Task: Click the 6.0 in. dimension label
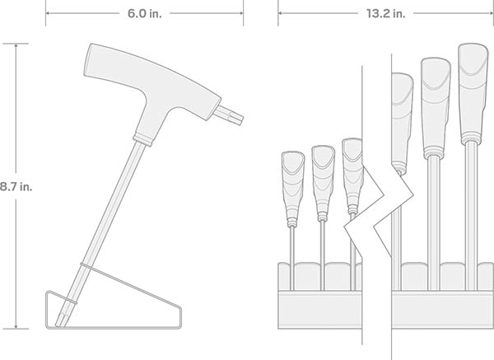tap(144, 13)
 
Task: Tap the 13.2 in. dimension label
tap(385, 13)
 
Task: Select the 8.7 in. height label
tap(16, 187)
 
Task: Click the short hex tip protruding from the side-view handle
tap(229, 115)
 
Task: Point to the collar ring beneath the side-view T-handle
tap(142, 139)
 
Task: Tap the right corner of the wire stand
tap(180, 307)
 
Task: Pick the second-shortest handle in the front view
tap(323, 183)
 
